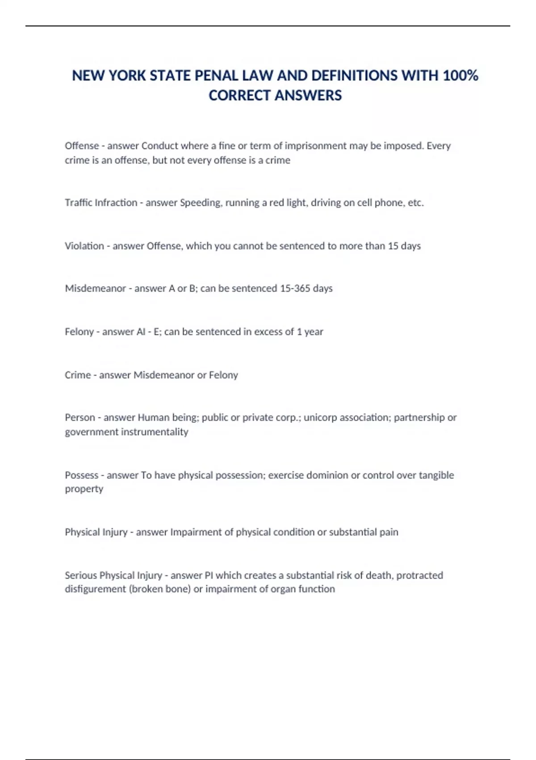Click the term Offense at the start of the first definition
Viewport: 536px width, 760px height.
click(82, 146)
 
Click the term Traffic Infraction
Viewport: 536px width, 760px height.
click(101, 203)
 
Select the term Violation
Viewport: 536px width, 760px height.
click(84, 246)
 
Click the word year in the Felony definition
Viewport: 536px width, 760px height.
click(314, 332)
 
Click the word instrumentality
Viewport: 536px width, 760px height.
click(154, 432)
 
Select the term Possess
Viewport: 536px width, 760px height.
click(81, 475)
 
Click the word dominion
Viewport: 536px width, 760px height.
click(327, 475)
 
